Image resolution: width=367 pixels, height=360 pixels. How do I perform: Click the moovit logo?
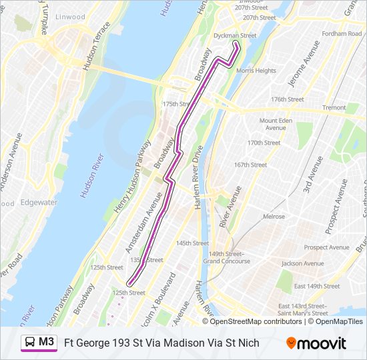pyautogui.click(x=316, y=343)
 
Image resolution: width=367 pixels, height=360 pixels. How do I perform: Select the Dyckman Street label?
pyautogui.click(x=234, y=35)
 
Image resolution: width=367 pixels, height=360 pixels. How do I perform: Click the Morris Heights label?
pyautogui.click(x=256, y=71)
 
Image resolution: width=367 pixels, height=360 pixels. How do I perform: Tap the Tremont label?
pyautogui.click(x=334, y=107)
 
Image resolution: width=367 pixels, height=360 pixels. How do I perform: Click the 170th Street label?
pyautogui.click(x=264, y=143)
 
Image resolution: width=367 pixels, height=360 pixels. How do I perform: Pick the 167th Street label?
pyautogui.click(x=250, y=165)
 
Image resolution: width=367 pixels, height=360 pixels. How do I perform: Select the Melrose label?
pyautogui.click(x=274, y=217)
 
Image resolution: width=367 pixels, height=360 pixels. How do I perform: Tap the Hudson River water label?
pyautogui.click(x=92, y=176)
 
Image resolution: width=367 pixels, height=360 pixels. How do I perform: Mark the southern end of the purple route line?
pyautogui.click(x=128, y=284)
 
